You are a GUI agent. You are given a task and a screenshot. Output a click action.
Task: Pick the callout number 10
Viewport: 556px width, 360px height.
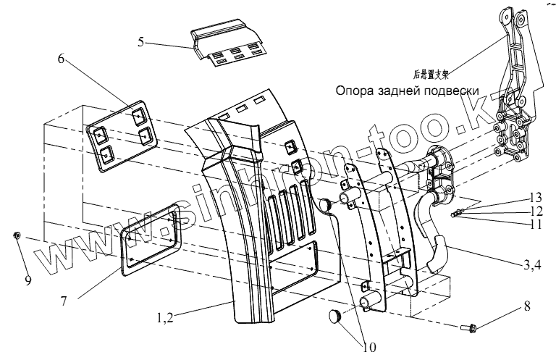(x=370, y=347)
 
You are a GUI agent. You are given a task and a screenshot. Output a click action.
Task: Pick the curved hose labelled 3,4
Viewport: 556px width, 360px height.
(x=437, y=250)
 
